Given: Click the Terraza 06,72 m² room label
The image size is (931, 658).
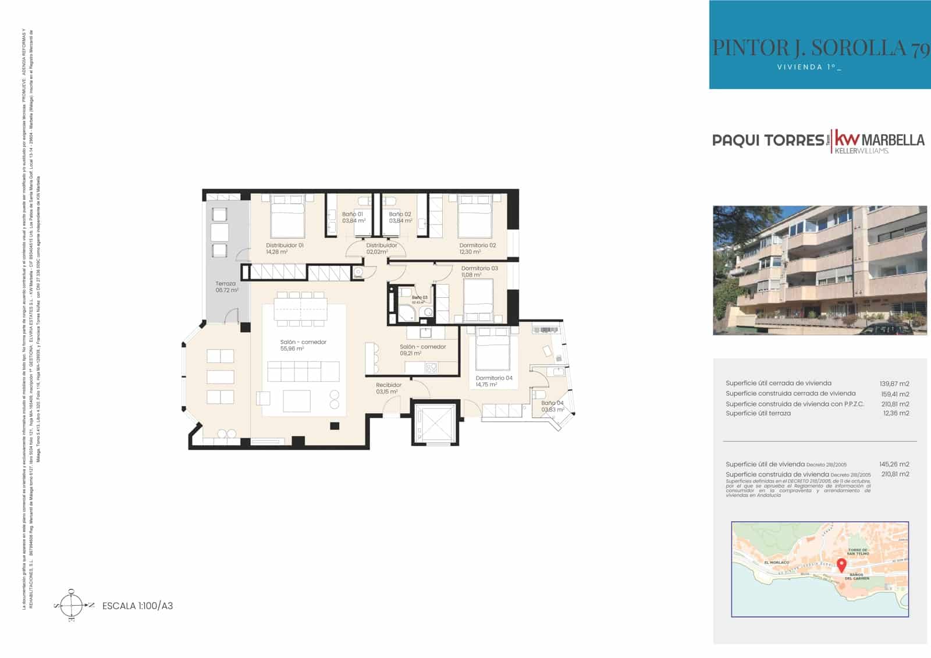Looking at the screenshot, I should [226, 287].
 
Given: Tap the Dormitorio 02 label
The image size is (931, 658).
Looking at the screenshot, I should [478, 248].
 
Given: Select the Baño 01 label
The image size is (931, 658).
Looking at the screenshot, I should [353, 217].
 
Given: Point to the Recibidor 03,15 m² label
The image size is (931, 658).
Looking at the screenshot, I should [388, 388].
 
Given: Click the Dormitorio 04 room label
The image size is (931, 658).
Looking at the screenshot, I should [493, 381].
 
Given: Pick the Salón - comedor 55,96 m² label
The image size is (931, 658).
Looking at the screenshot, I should [303, 345].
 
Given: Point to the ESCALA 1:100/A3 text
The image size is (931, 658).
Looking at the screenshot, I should [137, 606].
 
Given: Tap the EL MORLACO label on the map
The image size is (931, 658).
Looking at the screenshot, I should [777, 563].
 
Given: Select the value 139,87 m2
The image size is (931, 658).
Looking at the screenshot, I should [894, 383].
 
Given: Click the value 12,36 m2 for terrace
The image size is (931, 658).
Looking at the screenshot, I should [896, 413].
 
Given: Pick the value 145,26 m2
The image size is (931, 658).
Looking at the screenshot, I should [894, 464].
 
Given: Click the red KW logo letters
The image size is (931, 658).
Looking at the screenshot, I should [847, 139].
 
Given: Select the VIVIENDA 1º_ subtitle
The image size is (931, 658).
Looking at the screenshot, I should [809, 67].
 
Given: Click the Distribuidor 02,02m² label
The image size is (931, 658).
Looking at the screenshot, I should [382, 248].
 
